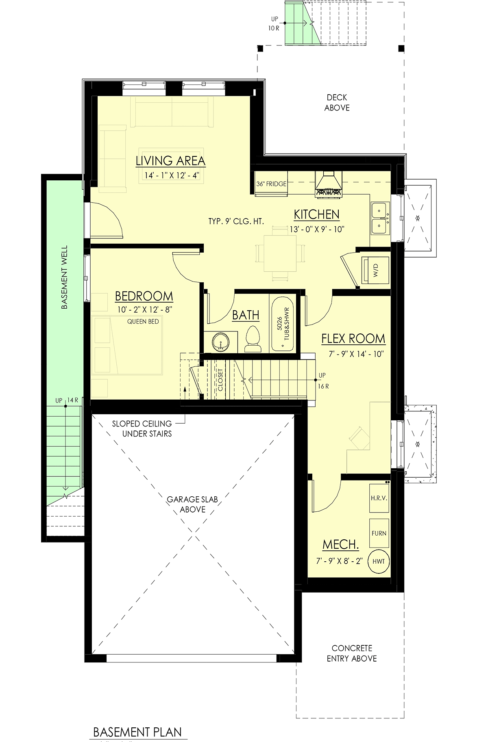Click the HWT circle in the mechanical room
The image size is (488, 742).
click(379, 561)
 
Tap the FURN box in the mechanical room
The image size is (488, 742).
click(379, 533)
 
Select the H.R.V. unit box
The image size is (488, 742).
click(379, 498)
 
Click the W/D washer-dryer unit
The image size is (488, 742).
click(375, 270)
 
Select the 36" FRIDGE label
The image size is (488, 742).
click(271, 184)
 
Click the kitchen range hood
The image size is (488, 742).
click(329, 184)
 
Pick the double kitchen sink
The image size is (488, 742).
click(380, 218)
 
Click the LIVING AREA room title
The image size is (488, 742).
click(170, 161)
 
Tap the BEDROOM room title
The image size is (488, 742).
click(144, 296)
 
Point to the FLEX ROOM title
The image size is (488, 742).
click(353, 339)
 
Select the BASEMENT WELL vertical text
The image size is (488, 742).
click(65, 277)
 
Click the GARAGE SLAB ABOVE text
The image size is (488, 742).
click(192, 504)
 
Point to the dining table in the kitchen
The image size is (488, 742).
click(280, 253)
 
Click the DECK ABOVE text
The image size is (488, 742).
click(337, 103)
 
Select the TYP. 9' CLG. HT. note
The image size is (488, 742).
click(236, 221)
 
